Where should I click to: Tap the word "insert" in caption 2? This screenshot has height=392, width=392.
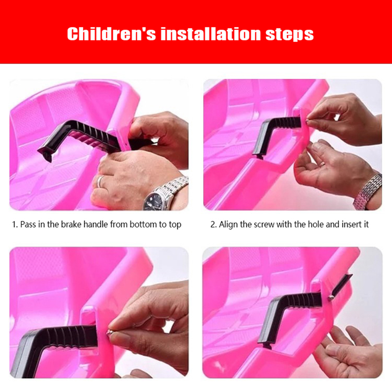point(349,224)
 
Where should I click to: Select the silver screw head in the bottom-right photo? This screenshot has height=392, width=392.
point(331,297)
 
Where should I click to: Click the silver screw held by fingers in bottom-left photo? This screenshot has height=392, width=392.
point(109,333)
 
